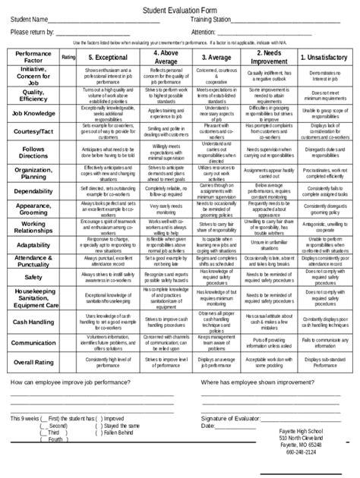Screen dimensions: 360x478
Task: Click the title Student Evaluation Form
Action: pyautogui.click(x=180, y=6)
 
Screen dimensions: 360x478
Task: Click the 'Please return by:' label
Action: pyautogui.click(x=33, y=32)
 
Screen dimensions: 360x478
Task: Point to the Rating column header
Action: pyautogui.click(x=68, y=57)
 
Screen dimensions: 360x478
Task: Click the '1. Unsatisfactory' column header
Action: pyautogui.click(x=325, y=57)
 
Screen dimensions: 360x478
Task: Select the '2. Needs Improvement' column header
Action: pyautogui.click(x=270, y=57)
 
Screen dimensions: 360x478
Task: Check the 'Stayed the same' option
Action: pyautogui.click(x=122, y=426)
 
